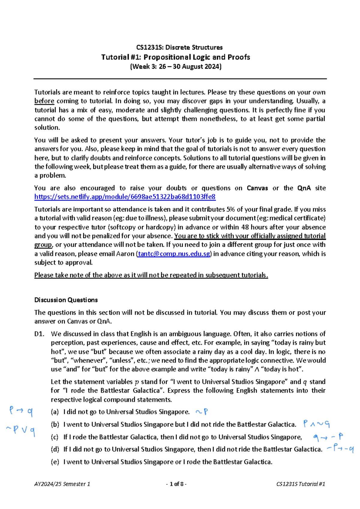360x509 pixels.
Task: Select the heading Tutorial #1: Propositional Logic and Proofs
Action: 175,57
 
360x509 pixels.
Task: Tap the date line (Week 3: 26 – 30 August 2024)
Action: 175,67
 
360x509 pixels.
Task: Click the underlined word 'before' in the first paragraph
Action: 44,101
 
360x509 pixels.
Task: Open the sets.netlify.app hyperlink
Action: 125,197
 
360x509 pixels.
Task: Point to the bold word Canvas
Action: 257,188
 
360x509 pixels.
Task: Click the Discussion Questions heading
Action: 66,300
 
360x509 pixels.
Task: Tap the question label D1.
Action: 39,334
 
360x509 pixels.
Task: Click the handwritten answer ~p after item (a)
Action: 202,412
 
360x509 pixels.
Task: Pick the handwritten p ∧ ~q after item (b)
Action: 316,424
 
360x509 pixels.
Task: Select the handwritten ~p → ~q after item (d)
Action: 340,449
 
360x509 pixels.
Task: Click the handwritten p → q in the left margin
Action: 21,411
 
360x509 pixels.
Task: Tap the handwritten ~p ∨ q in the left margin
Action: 20,430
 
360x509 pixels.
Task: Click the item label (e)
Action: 55,462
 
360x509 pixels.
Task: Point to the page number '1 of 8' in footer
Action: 176,484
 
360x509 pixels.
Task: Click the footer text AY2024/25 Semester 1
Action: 62,484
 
